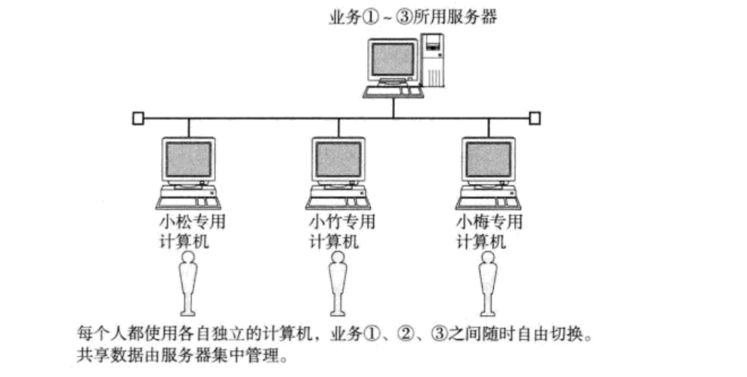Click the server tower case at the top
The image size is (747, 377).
(x=433, y=60)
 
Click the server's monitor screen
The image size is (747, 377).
(x=392, y=60)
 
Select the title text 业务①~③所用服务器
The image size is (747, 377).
(x=413, y=17)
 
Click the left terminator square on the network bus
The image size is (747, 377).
(x=137, y=118)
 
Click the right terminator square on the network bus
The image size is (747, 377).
(x=535, y=118)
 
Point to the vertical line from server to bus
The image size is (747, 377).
(x=394, y=107)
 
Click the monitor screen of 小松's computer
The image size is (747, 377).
(x=190, y=159)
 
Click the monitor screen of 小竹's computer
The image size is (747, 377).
(x=338, y=159)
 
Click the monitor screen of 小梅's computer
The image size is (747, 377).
(x=488, y=159)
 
